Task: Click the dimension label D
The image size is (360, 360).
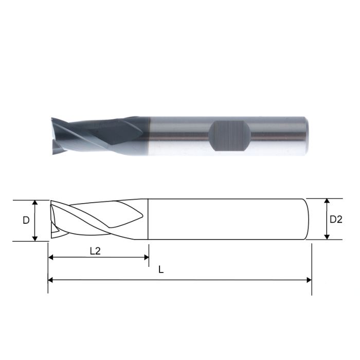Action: point(26,220)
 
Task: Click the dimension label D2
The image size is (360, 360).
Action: point(335,220)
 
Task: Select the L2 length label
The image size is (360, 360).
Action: point(96,251)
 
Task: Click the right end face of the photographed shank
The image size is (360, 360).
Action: point(307,135)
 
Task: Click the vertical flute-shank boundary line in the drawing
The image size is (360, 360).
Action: point(148,220)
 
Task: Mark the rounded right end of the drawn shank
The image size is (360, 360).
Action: point(308,220)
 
